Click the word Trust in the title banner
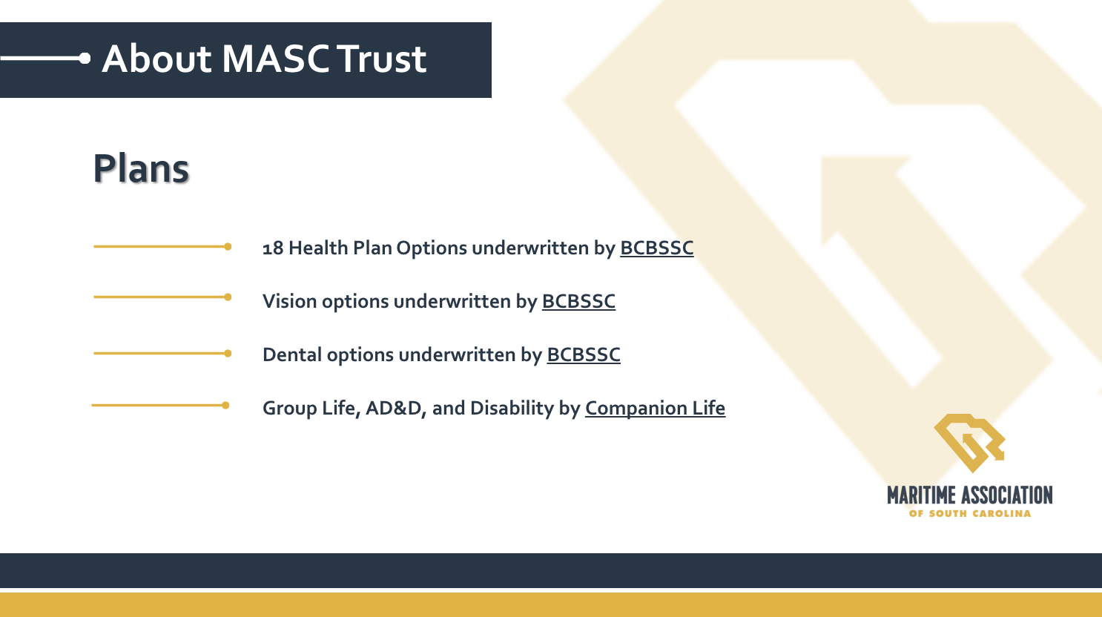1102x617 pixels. point(382,59)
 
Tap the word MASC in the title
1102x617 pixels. point(276,59)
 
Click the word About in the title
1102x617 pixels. point(157,59)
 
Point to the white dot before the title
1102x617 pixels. point(85,59)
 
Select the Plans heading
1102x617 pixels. point(141,168)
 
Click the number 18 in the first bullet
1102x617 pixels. point(273,248)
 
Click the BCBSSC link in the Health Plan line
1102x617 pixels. point(657,248)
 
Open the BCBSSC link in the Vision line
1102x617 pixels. point(578,301)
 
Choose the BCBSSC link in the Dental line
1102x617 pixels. point(584,354)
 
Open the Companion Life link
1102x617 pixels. point(655,409)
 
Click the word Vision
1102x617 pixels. point(290,301)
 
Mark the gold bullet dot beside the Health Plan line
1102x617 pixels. point(228,246)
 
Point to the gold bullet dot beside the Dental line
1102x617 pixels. point(228,353)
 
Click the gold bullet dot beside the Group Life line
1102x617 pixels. point(225,406)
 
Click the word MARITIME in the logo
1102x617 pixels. point(922,495)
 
